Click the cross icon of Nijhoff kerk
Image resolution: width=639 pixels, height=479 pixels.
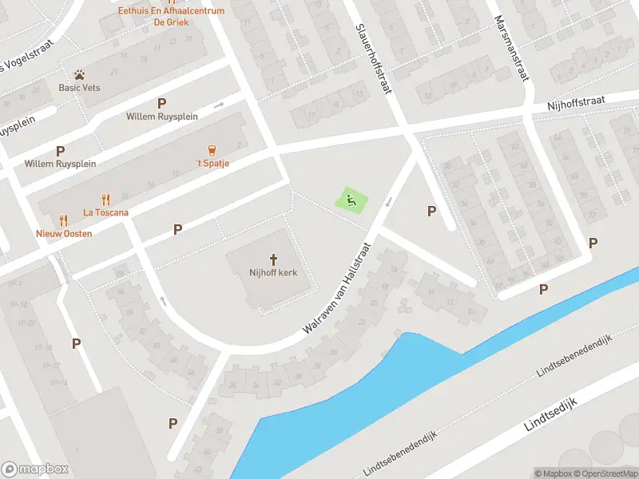coord(273,259)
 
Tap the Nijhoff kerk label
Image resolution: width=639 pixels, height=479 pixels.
coord(273,273)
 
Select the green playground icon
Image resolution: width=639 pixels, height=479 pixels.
coord(350,199)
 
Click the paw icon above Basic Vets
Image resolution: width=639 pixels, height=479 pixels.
coord(79,74)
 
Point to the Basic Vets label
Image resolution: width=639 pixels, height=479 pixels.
coord(79,88)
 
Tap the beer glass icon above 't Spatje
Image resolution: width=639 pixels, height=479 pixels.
coord(212,150)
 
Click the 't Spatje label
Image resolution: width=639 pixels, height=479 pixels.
coord(213,164)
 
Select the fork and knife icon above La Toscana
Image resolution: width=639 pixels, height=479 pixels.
coord(105,200)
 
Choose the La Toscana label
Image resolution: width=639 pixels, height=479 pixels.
coord(105,212)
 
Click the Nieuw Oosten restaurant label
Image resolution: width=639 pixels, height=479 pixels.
coord(64,233)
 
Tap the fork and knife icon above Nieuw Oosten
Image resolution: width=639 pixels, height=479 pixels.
coord(63,220)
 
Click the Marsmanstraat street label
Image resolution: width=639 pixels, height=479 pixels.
coord(512,48)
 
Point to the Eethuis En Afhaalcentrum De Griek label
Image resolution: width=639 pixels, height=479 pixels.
coord(170,16)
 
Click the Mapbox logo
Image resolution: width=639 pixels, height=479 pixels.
coord(35,469)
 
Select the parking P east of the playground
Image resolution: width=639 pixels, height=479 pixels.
coord(432,211)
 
